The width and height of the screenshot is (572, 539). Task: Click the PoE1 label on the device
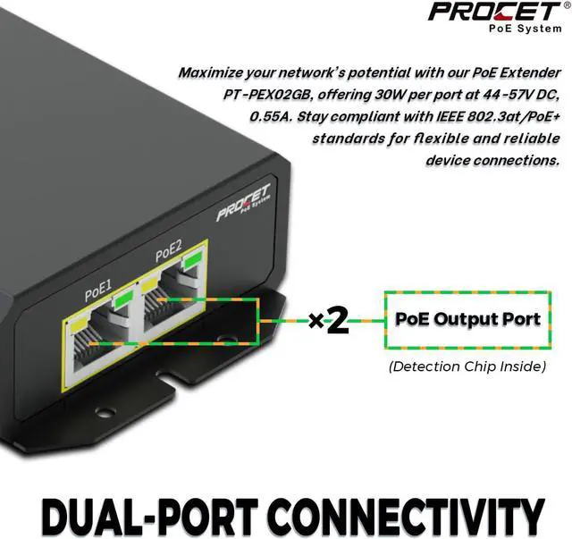click(98, 290)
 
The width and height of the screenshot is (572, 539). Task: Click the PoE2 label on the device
click(168, 250)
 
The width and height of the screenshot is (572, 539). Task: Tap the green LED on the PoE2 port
click(192, 259)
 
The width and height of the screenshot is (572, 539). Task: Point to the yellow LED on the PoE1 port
click(80, 324)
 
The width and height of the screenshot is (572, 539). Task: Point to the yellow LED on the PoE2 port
click(149, 284)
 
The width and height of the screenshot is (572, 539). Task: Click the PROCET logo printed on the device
click(243, 202)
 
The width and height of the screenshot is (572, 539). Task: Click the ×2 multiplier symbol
click(329, 321)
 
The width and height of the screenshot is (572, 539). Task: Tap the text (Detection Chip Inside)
click(467, 366)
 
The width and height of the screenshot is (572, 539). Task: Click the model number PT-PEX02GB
click(268, 95)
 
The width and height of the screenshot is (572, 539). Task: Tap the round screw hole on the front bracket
click(105, 412)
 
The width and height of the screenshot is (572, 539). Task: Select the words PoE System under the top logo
click(526, 29)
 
